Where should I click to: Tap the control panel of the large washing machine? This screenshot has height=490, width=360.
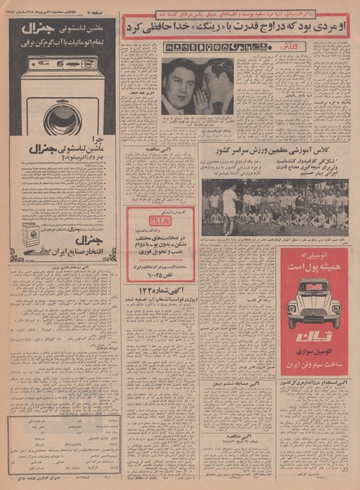coord(62,64)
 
